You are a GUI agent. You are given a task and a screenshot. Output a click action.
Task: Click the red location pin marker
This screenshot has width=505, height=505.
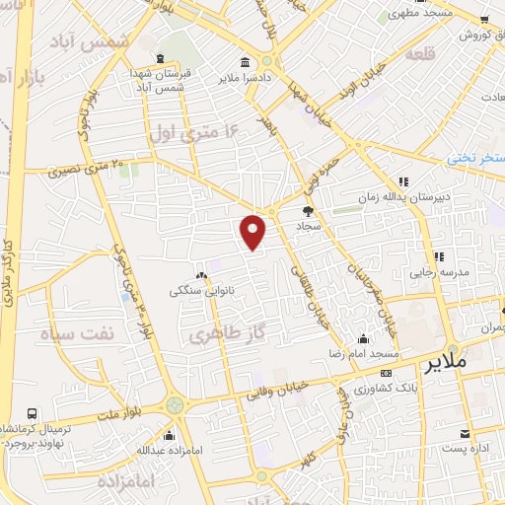[253, 231]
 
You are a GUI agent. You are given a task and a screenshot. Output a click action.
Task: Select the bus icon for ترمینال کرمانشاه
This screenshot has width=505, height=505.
[34, 413]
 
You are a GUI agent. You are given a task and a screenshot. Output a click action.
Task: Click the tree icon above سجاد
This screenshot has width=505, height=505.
[307, 211]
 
